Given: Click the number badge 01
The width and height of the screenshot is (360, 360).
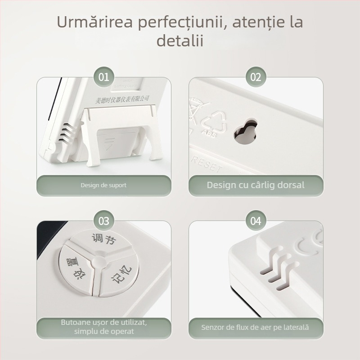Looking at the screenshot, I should tap(104, 77).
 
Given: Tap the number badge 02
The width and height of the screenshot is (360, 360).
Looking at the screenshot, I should tap(256, 77).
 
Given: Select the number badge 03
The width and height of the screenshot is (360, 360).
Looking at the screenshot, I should tap(104, 221).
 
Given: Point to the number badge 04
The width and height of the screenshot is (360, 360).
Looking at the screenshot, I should tap(256, 221).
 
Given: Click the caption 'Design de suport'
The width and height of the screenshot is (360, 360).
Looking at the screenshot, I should tap(103, 185).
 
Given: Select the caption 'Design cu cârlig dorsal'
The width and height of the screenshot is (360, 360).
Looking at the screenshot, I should tap(256, 185).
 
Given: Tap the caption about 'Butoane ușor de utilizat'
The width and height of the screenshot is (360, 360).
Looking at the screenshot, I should tap(104, 327).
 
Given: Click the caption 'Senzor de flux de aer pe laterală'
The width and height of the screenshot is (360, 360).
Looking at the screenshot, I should tap(256, 327).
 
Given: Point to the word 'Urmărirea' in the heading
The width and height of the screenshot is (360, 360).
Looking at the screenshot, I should tap(92, 22).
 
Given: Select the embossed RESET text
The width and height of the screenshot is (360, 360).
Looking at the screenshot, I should tap(207, 164).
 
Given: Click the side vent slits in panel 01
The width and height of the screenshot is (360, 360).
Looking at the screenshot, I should tap(66, 133).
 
